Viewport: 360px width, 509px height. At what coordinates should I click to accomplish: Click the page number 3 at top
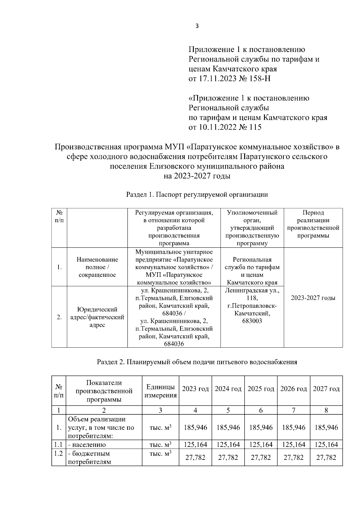[197, 26]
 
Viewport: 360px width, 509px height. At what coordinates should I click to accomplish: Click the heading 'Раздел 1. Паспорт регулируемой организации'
[197, 195]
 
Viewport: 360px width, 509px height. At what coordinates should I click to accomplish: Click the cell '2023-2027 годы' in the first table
[313, 298]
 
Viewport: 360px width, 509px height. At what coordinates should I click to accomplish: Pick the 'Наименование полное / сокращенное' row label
[97, 267]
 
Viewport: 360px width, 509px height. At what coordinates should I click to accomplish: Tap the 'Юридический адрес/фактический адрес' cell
[97, 317]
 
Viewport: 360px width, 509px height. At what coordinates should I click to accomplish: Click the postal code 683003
[252, 321]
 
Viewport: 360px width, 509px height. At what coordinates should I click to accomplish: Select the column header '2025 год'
[261, 389]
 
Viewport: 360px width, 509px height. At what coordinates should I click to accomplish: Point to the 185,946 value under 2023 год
[195, 427]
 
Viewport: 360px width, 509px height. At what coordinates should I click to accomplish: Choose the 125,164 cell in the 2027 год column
[326, 445]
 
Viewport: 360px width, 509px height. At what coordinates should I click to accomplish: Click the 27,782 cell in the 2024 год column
[228, 457]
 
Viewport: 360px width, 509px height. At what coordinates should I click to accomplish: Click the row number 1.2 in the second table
[58, 453]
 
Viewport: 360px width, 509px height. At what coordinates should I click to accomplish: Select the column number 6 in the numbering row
[261, 410]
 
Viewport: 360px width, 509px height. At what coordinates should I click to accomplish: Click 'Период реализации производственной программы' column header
[313, 224]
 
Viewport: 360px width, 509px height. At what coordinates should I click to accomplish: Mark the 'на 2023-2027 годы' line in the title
[197, 176]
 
